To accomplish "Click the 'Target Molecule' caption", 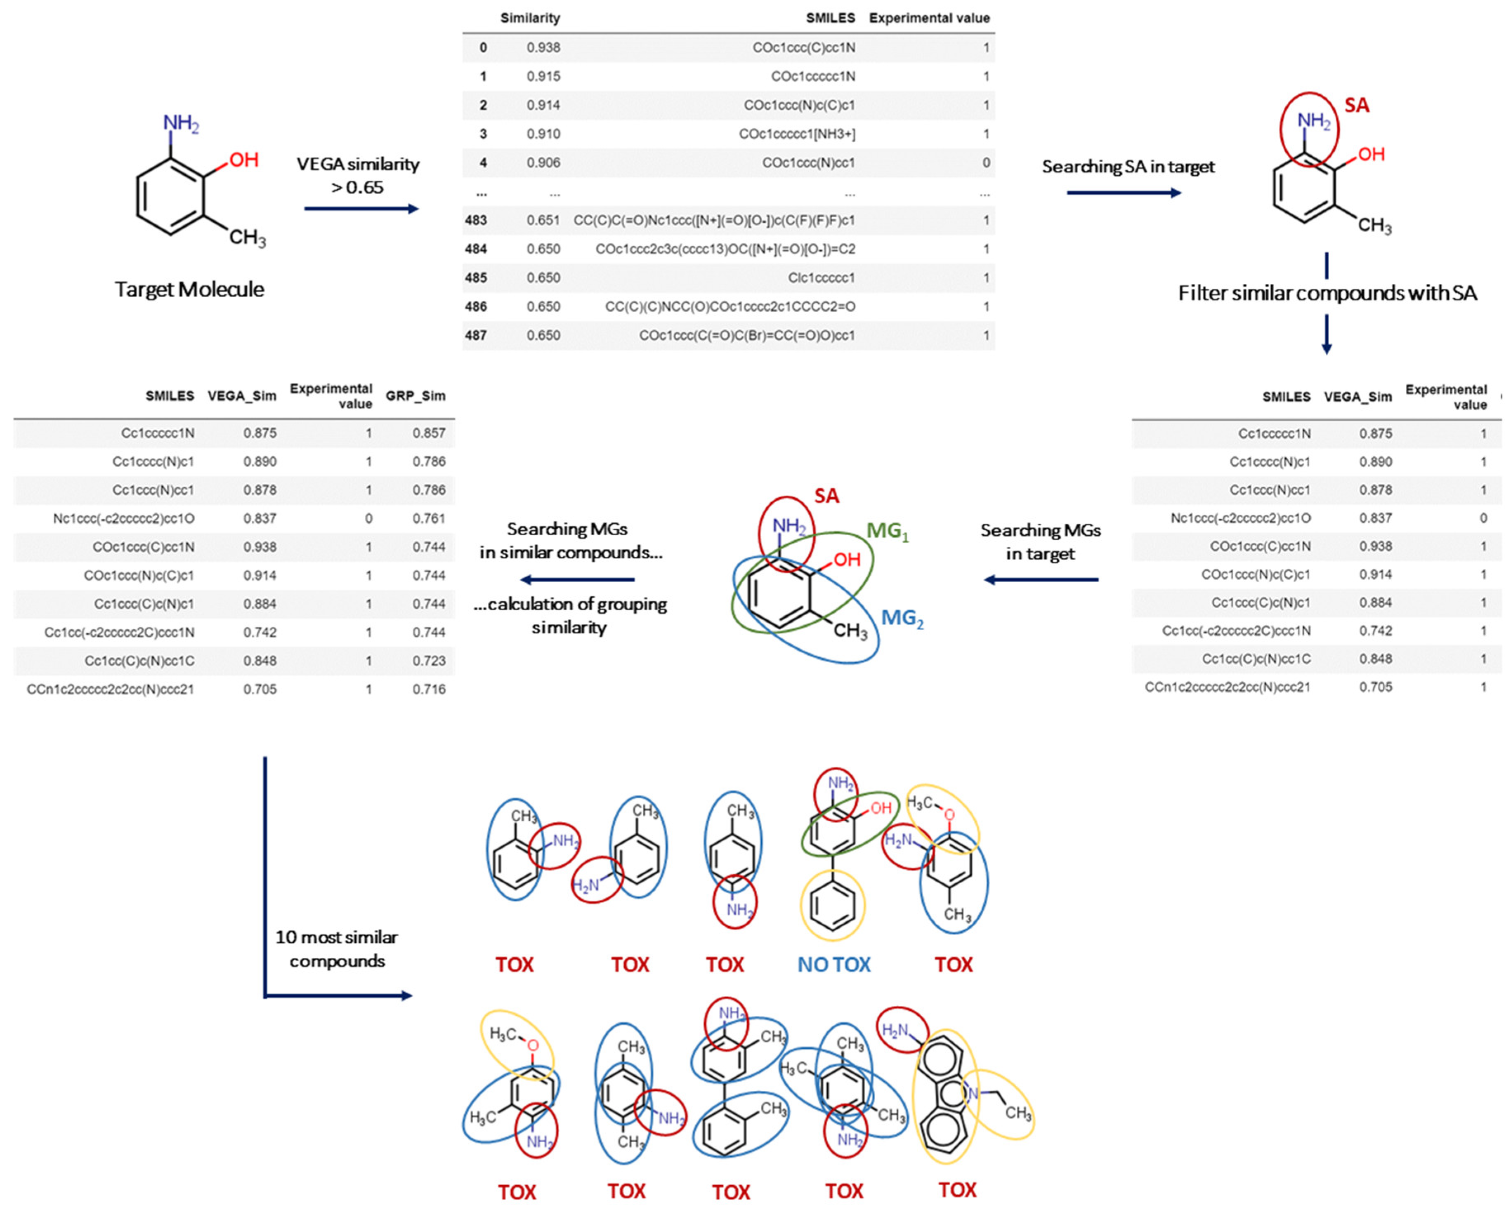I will click(189, 289).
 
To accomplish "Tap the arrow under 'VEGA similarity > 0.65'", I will click(361, 209).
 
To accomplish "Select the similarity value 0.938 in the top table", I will click(543, 48).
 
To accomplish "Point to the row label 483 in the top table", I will click(475, 220).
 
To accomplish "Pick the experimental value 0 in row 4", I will click(985, 162).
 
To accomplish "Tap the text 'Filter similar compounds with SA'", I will click(1327, 293).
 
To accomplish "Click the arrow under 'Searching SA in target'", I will click(1124, 193).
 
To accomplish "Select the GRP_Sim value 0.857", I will click(428, 433).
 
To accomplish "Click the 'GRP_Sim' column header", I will click(415, 396).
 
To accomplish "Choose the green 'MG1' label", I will click(887, 531).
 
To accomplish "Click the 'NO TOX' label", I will click(833, 965).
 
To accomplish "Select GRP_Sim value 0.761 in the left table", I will click(428, 518).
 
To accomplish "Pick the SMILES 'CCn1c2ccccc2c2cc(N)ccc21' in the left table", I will click(110, 690).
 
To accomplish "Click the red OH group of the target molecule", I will click(243, 160).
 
